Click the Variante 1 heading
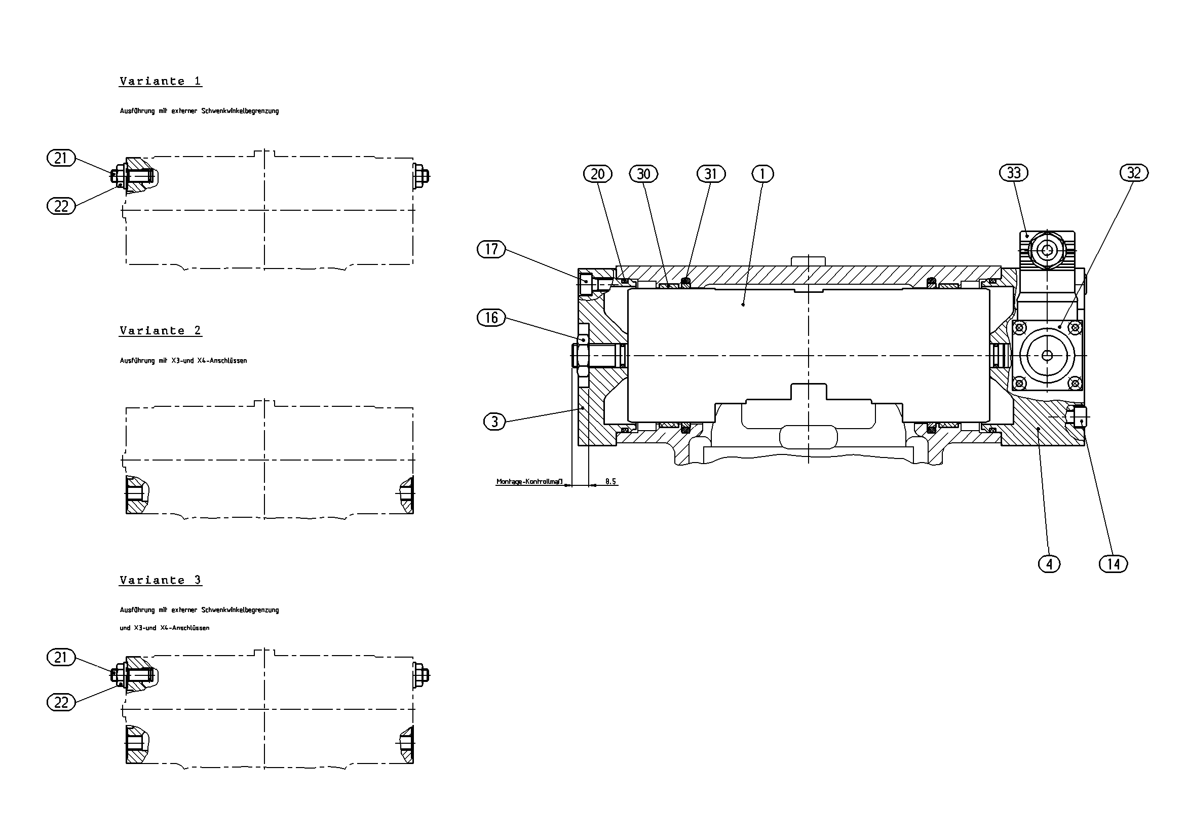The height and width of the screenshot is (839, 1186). coord(160,81)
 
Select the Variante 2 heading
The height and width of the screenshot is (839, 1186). coord(160,331)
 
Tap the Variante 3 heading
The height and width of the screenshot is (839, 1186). coord(160,580)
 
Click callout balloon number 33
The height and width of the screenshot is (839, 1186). coord(1013,173)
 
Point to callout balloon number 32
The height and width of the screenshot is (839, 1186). coord(1134,173)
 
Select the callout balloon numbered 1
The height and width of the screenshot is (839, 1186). coord(762,174)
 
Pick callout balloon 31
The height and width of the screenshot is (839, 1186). coord(711,174)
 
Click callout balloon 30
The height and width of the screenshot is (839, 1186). coord(643,174)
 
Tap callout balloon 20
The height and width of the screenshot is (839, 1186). coord(598,174)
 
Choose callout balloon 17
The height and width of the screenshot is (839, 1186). coord(491,250)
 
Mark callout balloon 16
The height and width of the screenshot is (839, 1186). coord(491,317)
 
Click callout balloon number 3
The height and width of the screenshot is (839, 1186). coord(494,422)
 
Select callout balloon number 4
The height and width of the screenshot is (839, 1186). coord(1049,564)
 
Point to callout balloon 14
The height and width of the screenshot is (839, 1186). coord(1113,564)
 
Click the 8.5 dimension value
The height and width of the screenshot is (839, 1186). coord(610,481)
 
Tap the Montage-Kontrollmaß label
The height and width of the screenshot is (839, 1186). coord(529,481)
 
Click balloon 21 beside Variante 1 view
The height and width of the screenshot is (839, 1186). coord(61,158)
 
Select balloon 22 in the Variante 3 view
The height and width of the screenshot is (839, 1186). coord(61,703)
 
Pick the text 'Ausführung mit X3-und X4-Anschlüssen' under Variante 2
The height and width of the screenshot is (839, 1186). coord(183,361)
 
